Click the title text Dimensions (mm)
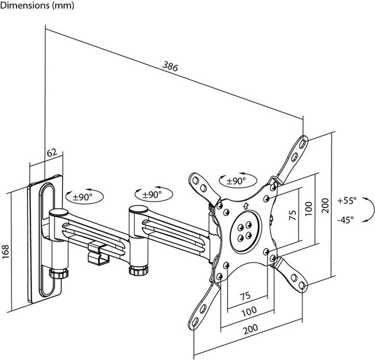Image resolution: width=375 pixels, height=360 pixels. [37, 6]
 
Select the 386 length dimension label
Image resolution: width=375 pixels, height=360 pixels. [170, 66]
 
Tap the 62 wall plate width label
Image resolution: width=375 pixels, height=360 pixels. [52, 153]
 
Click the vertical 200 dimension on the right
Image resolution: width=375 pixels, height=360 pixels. [325, 206]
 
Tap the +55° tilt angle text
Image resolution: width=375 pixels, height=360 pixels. [347, 200]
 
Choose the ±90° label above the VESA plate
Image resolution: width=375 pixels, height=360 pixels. [236, 181]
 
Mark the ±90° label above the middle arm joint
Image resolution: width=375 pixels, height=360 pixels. [152, 195]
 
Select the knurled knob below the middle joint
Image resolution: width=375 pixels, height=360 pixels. [137, 271]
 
